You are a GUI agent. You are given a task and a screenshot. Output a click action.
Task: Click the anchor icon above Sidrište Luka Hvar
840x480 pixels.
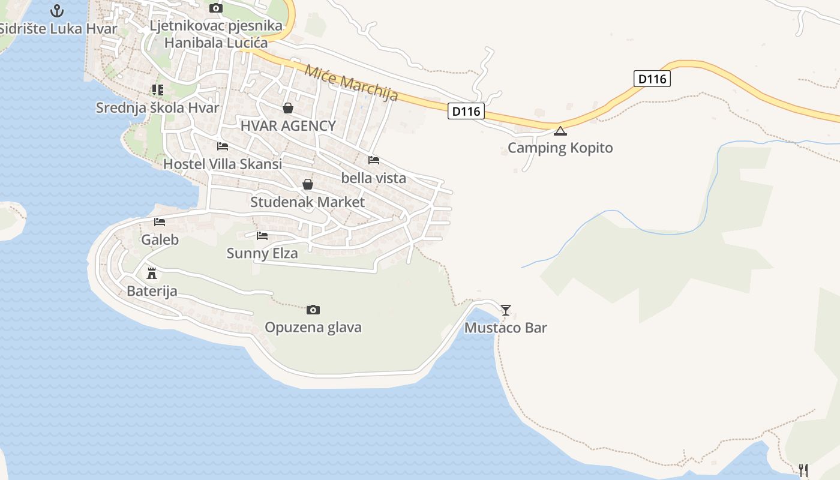tap(57, 10)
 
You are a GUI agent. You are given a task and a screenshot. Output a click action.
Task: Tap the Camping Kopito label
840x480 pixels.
tap(560, 148)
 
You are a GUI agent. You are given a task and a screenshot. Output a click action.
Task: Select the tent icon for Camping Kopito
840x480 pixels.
tap(560, 131)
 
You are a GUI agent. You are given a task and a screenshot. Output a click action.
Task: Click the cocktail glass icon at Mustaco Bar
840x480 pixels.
tap(506, 310)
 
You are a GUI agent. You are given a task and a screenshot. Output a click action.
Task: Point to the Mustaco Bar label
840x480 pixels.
tap(505, 328)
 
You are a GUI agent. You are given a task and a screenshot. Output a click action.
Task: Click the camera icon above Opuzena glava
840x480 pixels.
tap(313, 310)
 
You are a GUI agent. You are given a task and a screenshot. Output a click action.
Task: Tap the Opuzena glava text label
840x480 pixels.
tap(313, 327)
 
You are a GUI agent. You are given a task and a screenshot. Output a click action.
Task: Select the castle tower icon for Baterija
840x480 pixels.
tap(152, 274)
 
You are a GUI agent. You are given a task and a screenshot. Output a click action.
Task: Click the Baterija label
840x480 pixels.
tap(152, 292)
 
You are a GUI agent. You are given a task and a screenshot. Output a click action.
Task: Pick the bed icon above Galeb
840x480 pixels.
tap(160, 222)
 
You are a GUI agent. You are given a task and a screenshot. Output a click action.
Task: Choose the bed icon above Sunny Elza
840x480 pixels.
tap(262, 235)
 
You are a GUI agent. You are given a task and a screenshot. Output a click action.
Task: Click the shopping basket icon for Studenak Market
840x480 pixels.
tap(307, 184)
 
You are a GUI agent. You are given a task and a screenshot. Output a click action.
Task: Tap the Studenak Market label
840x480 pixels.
tap(307, 202)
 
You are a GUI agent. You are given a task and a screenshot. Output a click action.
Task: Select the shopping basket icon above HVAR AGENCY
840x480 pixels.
tap(288, 108)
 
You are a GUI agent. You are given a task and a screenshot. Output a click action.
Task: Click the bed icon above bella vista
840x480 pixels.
tap(374, 160)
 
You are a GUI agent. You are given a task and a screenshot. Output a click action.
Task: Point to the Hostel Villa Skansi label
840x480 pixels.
tap(223, 164)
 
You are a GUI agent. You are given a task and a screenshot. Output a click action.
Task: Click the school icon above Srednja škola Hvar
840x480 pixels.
tap(157, 90)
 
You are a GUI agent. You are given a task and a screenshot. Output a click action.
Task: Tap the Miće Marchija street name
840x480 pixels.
tap(351, 83)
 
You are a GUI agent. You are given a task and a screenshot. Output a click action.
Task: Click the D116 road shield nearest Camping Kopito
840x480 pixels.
tap(466, 111)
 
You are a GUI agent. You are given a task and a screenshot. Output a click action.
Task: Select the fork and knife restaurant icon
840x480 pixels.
tap(803, 470)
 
